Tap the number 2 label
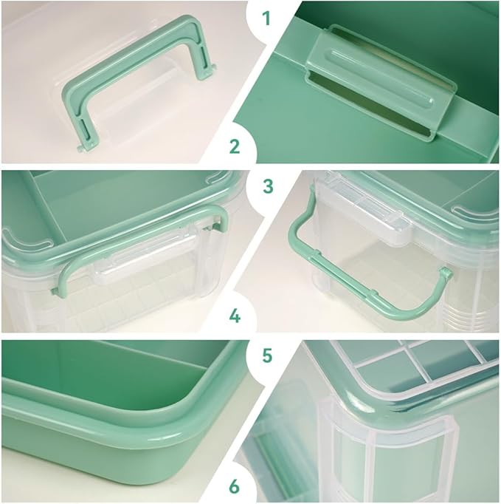point(235,146)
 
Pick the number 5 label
point(267,355)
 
